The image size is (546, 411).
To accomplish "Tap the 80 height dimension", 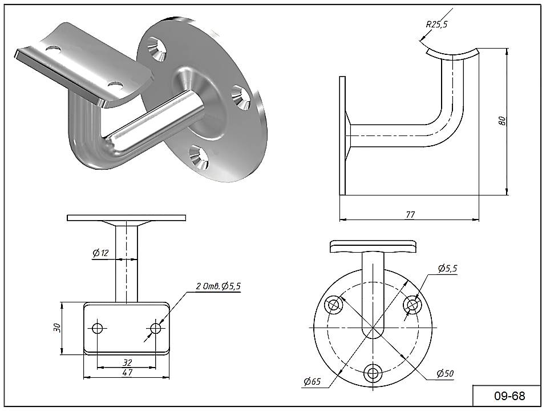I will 501,121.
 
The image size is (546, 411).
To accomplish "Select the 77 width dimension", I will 410,214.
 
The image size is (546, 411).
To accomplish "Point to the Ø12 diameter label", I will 101,253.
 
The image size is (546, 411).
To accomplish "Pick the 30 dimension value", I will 56,328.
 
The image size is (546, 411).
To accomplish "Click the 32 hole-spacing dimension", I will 127,362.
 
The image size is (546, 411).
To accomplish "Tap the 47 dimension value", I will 127,373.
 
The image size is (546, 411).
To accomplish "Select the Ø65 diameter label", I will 313,381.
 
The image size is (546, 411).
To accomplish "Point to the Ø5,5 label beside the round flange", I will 448,268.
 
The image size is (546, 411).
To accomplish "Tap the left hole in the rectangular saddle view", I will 98,328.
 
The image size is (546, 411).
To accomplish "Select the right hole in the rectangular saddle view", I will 155,328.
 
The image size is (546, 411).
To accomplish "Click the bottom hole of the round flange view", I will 373,373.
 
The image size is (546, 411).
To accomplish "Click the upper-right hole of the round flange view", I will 412,305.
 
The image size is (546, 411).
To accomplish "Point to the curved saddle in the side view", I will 452,54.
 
